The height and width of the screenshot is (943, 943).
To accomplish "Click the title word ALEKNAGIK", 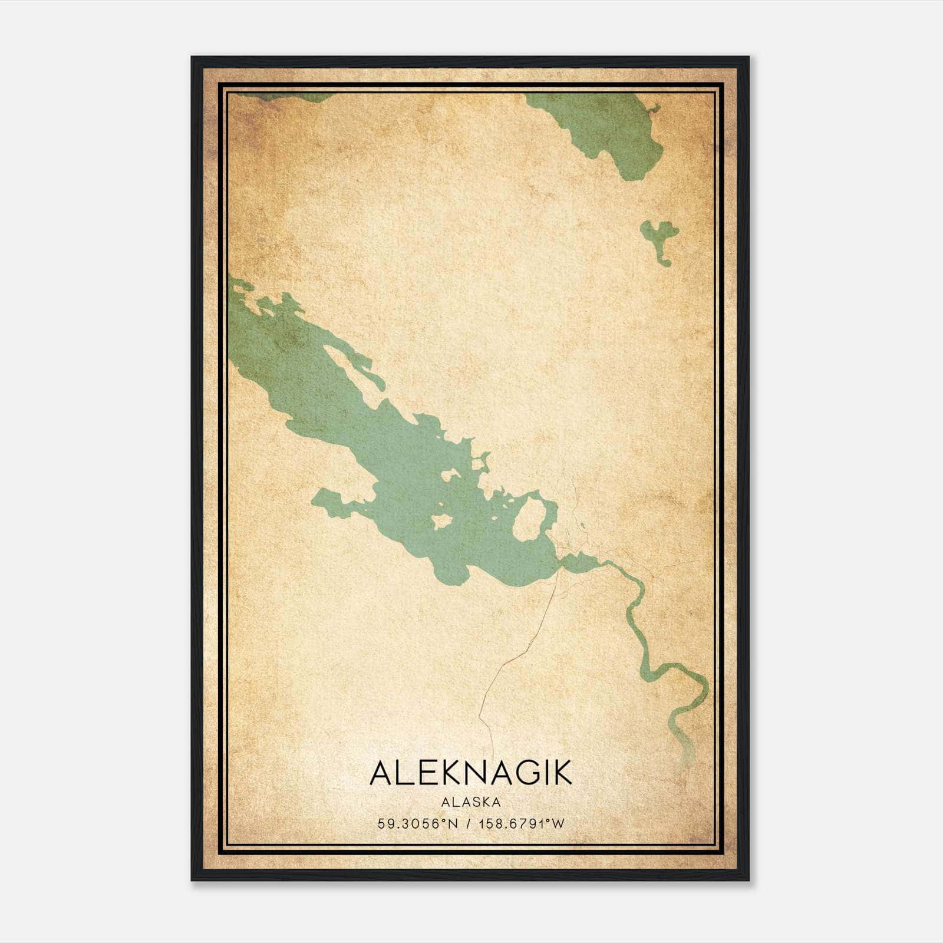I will (471, 773).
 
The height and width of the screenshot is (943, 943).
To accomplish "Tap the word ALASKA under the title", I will (471, 802).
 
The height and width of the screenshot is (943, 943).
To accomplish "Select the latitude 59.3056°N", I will (418, 824).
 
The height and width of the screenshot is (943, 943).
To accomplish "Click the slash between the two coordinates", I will (468, 824).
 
